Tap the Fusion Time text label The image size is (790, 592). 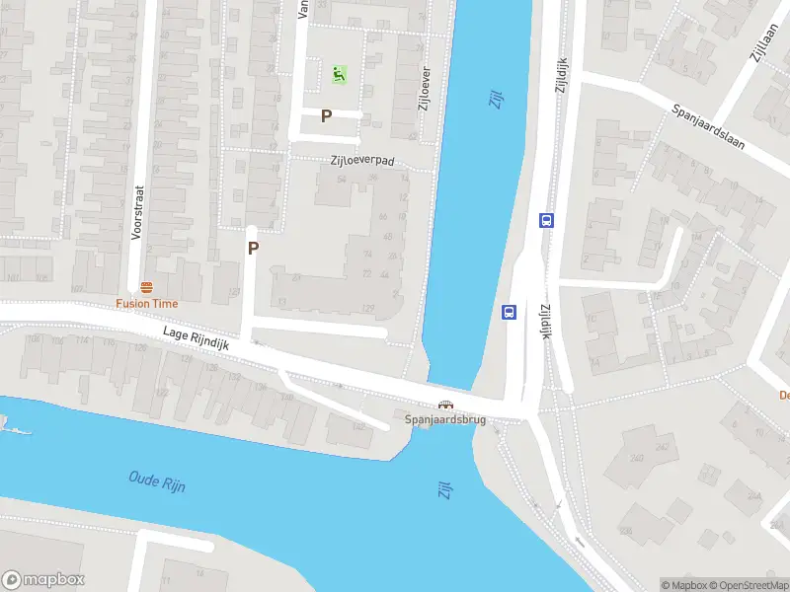146,304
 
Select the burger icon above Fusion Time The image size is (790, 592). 146,287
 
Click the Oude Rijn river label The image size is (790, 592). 157,481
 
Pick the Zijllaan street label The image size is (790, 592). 761,44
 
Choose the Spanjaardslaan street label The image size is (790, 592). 722,126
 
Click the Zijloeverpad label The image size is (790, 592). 362,159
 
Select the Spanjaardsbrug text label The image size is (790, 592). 446,419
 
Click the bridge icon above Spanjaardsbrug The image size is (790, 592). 446,405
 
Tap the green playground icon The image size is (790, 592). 339,73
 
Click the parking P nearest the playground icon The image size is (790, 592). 326,116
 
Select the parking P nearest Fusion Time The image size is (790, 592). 253,249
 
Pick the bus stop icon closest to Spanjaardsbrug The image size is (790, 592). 510,312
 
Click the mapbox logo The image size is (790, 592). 43,579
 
